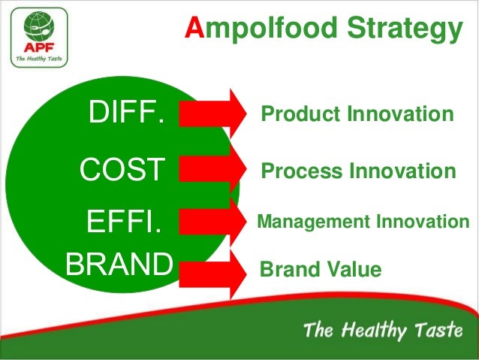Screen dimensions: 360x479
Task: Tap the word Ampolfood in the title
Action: pos(259,29)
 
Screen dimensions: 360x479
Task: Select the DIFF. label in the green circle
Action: pos(126,115)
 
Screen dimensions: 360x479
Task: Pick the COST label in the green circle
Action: pos(122,171)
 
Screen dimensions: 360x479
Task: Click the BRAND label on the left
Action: pos(119,264)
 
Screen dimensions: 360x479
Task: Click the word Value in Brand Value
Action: pos(356,269)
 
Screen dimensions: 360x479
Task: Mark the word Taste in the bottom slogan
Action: pos(438,331)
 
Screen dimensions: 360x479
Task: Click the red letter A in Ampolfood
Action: pos(195,29)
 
